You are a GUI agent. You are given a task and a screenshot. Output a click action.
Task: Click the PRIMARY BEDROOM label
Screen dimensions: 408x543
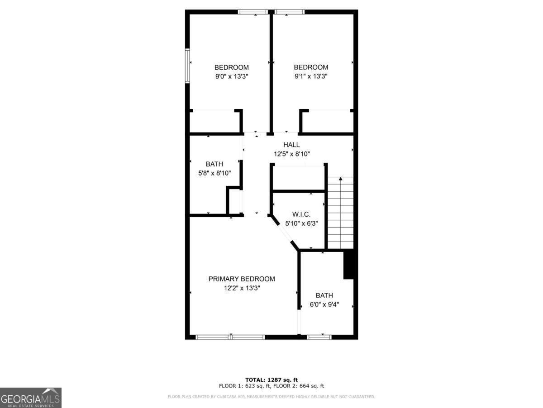click(242, 279)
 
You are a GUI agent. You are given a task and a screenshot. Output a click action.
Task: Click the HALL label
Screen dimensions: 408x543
click(291, 145)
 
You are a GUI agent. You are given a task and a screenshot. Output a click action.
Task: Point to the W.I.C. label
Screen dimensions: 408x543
click(301, 214)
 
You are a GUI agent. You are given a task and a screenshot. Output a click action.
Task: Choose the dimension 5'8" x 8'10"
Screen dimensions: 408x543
click(214, 173)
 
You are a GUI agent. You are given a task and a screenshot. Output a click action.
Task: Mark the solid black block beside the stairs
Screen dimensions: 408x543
click(349, 265)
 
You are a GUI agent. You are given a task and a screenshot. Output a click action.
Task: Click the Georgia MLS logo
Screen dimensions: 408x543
click(31, 398)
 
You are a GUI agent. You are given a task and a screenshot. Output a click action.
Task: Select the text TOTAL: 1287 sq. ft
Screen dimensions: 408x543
click(271, 380)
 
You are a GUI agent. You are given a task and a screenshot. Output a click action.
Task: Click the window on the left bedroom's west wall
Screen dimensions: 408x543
click(187, 66)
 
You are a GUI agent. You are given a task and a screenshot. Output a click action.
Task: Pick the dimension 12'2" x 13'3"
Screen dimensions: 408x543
click(242, 288)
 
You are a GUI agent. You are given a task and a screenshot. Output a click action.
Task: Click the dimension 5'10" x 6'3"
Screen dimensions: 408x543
click(301, 223)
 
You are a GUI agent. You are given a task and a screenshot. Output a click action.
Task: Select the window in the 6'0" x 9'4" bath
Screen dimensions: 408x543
click(319, 337)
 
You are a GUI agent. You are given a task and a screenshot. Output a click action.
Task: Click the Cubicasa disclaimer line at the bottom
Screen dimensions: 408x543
click(271, 397)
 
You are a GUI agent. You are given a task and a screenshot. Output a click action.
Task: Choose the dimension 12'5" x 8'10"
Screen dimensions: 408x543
click(291, 154)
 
